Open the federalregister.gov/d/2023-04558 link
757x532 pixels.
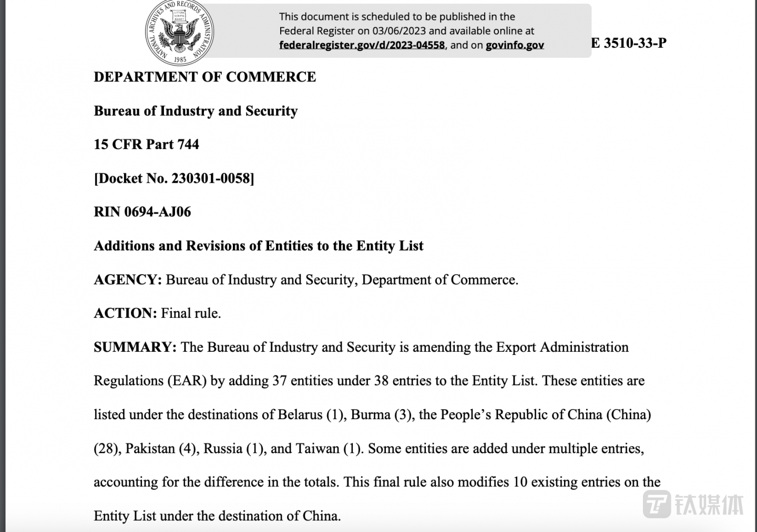coord(362,45)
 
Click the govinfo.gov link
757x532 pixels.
coord(515,45)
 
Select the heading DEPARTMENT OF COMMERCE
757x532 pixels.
coord(204,77)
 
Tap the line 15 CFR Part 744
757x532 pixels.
coord(146,144)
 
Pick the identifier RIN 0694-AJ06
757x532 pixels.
coord(142,212)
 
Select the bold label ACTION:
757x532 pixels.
coord(125,314)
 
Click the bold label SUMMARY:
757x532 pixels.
coord(135,348)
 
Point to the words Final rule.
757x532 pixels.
coord(190,314)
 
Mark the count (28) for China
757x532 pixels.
coord(106,449)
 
